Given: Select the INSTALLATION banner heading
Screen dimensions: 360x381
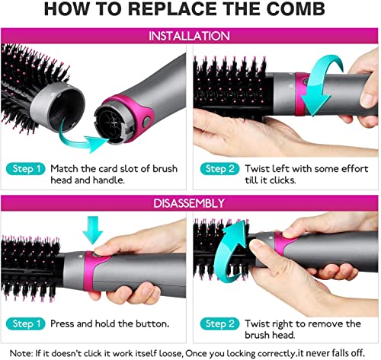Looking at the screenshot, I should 190,37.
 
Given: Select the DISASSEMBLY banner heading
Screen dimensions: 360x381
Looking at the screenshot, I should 190,203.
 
